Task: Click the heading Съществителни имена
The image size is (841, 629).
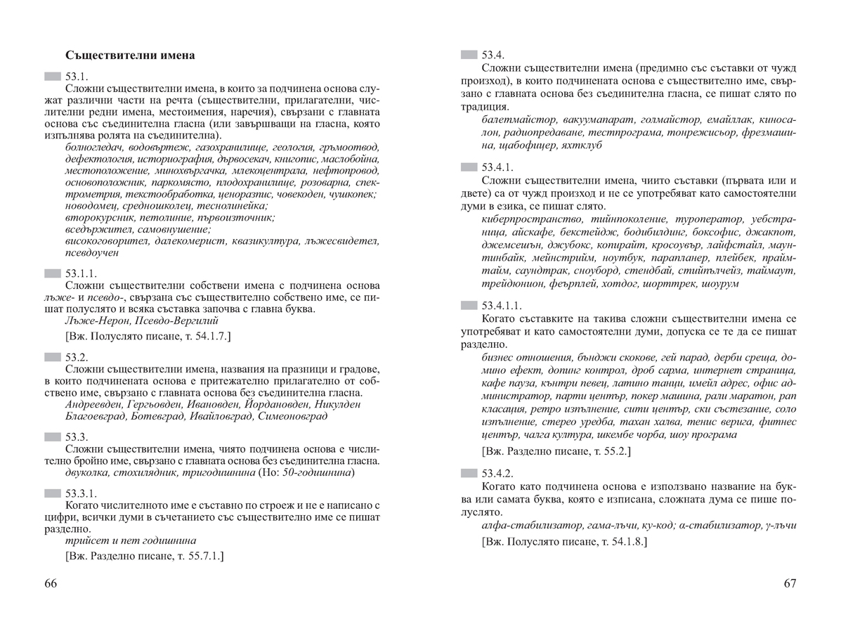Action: [x=130, y=55]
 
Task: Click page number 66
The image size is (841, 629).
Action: [x=51, y=584]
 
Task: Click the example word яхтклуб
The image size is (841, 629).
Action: [x=582, y=145]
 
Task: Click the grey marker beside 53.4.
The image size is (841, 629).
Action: [x=469, y=55]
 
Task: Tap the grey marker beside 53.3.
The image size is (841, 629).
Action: [x=53, y=437]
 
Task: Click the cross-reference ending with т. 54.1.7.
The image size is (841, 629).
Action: [x=148, y=336]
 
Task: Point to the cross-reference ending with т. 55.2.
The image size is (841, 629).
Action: [x=556, y=450]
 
